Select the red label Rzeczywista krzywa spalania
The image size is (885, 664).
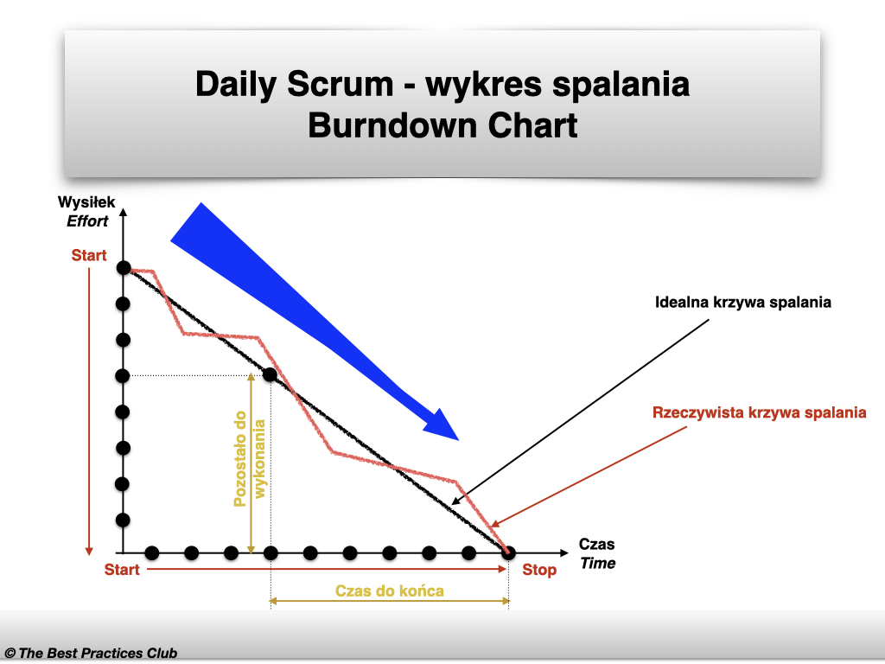pos(759,412)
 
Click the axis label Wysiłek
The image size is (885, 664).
pos(86,202)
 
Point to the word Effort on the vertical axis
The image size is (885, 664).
pos(87,220)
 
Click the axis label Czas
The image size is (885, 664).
pos(596,545)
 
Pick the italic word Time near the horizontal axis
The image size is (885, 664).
pos(597,563)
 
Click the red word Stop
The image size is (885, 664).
pos(539,570)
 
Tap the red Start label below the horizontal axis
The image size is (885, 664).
pos(122,570)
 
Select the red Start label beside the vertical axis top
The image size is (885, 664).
pos(89,256)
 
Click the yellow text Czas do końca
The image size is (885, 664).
pos(389,591)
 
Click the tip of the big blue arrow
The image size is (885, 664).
pos(457,437)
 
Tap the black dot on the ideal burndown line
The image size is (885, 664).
pos(270,375)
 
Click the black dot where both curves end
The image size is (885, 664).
pos(508,552)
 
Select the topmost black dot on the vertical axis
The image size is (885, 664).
pos(123,268)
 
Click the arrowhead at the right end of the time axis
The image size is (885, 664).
pos(567,552)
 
